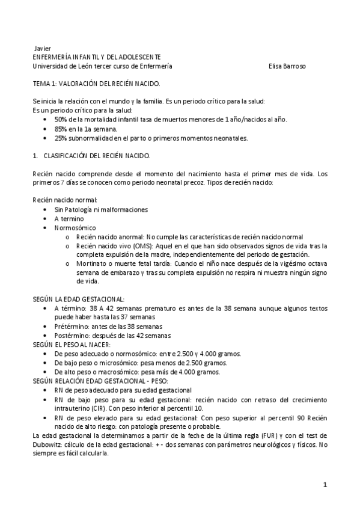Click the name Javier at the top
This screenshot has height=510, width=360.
point(43,48)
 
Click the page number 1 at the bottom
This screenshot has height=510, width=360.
point(325,485)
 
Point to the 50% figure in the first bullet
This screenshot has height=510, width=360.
point(61,120)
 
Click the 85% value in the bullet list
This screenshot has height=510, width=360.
point(61,129)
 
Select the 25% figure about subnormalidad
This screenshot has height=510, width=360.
point(61,138)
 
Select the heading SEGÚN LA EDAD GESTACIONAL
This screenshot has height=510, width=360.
point(78,299)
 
